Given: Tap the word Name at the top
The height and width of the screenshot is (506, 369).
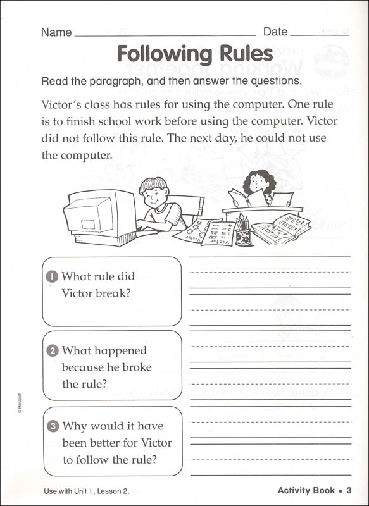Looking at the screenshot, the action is [56, 32].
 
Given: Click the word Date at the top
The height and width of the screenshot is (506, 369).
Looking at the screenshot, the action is [275, 32].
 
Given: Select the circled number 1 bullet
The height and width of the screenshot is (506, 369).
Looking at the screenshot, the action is [53, 276].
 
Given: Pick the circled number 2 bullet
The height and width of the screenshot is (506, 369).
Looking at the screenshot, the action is [53, 350].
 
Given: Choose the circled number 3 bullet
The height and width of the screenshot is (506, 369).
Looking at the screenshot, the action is [53, 426].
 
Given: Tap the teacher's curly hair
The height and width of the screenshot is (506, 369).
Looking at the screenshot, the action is [260, 181].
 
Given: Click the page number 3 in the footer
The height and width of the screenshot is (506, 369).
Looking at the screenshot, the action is [349, 490].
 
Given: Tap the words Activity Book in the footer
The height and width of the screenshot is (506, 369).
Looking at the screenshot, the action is [306, 490].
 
